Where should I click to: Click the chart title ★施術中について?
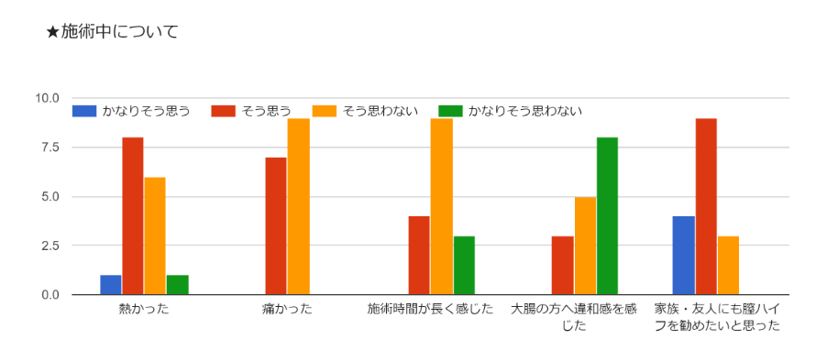point(112,32)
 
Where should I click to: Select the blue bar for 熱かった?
point(111,285)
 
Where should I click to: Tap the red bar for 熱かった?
point(133,216)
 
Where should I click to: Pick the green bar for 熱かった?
point(177,285)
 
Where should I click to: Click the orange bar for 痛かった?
point(299,206)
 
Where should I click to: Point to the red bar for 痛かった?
point(276,226)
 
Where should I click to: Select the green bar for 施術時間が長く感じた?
point(464,265)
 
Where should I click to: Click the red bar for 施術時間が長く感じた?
point(419,256)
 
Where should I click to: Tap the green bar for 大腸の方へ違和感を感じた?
point(607,216)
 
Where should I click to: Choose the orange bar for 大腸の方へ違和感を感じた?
point(585,246)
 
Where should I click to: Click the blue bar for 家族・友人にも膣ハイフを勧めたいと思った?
point(684,256)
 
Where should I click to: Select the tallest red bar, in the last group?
point(706,206)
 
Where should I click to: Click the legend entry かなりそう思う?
point(131,111)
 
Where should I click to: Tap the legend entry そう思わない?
point(365,111)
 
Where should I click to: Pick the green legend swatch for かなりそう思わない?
point(450,111)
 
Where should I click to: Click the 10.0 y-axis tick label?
point(47,98)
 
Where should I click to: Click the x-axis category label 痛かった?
point(287,309)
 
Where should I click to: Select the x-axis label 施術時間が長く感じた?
point(430,309)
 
